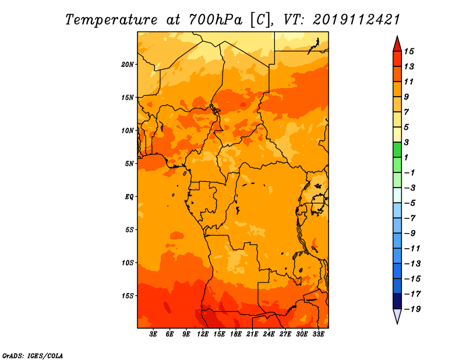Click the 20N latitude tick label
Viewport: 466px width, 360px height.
pos(128,65)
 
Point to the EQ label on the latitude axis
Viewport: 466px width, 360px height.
pos(129,197)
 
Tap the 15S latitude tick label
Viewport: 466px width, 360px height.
pos(128,296)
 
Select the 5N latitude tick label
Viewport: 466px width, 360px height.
pos(129,164)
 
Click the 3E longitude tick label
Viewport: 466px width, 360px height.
pos(153,334)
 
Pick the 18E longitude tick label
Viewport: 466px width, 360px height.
pos(236,334)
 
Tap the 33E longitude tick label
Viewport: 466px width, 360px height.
pos(318,334)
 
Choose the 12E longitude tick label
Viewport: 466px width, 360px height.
pos(203,334)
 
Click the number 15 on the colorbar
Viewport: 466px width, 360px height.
pos(409,51)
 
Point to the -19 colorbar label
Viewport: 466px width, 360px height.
pos(412,309)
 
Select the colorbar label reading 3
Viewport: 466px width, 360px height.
pos(406,142)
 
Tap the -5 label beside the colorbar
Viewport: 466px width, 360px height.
pos(410,203)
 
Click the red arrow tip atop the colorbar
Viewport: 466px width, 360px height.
pos(397,37)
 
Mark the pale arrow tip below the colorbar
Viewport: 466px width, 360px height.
pos(397,323)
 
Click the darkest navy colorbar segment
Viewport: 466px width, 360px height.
pos(397,301)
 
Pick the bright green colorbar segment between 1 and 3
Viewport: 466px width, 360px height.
pos(397,150)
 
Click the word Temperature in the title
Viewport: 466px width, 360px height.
pos(111,20)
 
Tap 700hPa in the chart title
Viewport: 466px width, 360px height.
pos(215,20)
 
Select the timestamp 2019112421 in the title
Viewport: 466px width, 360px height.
pos(356,20)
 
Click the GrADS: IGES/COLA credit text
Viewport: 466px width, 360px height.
pos(33,356)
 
